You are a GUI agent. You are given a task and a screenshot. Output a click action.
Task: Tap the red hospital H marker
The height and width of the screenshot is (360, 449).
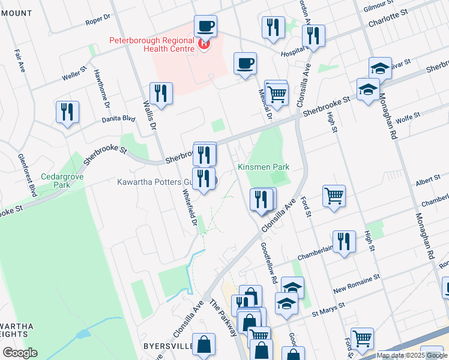point(205,43)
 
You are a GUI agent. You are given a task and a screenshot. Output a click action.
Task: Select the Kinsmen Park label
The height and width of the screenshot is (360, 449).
point(264,167)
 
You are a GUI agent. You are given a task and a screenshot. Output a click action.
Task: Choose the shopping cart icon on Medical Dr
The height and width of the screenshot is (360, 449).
point(276,94)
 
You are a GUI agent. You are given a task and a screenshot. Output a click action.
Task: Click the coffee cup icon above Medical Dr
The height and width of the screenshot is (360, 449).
point(245,64)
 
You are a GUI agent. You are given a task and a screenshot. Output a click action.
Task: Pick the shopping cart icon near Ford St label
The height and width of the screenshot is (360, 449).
point(334,196)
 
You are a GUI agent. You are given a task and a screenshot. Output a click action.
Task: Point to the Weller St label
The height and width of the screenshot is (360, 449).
point(75,76)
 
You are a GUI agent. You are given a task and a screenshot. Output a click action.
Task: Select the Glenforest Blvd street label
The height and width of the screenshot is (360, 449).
point(28,175)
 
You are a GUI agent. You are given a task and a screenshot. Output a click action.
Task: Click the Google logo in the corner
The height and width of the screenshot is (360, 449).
point(20,352)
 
